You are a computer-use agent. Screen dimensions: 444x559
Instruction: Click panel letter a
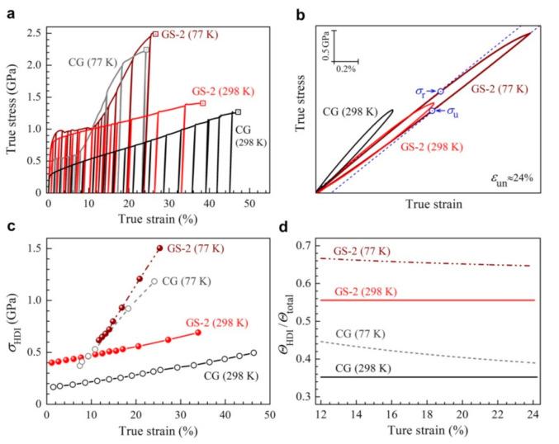pos(10,11)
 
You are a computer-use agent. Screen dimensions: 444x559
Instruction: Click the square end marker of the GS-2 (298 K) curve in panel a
pos(203,103)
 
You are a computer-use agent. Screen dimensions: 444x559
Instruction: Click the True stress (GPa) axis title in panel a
pos(11,111)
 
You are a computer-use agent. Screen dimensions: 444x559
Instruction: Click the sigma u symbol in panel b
pos(452,111)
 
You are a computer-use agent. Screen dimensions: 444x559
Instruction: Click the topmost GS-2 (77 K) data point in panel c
pos(159,248)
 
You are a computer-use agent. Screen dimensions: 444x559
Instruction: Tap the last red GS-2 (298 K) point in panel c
pos(197,332)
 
